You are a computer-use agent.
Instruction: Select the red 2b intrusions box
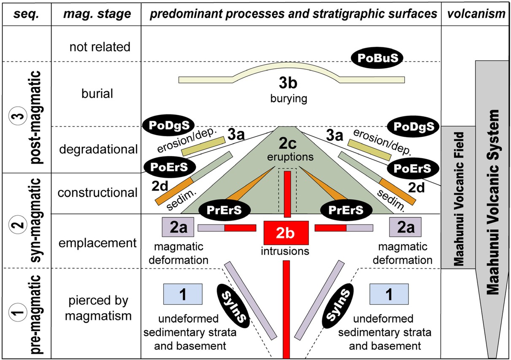click(287, 233)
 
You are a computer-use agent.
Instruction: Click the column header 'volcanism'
click(475, 14)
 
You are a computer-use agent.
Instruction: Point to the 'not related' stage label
click(100, 46)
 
